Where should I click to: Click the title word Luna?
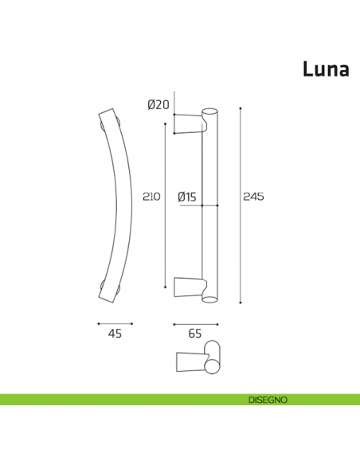coord(325,69)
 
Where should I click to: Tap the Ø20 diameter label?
coord(158,104)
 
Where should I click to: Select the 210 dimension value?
coord(151,196)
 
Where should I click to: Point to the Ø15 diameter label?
coord(187,196)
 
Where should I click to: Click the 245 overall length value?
coord(254,196)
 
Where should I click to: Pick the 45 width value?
coord(115,335)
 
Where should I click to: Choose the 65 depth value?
coord(194,335)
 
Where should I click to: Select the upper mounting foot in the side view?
coord(190,123)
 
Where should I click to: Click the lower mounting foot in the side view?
coord(190,286)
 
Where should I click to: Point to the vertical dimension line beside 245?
coord(240,203)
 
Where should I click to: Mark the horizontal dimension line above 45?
coord(115,323)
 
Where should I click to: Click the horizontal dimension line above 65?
coord(194,323)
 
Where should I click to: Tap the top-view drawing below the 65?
coord(197,355)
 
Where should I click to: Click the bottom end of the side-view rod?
coord(210,299)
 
